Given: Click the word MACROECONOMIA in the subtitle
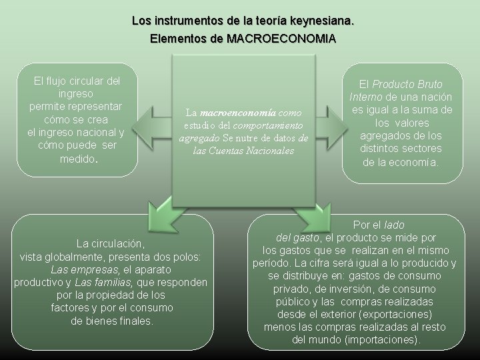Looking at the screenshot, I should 281,39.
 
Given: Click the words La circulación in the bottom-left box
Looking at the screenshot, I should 110,244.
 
